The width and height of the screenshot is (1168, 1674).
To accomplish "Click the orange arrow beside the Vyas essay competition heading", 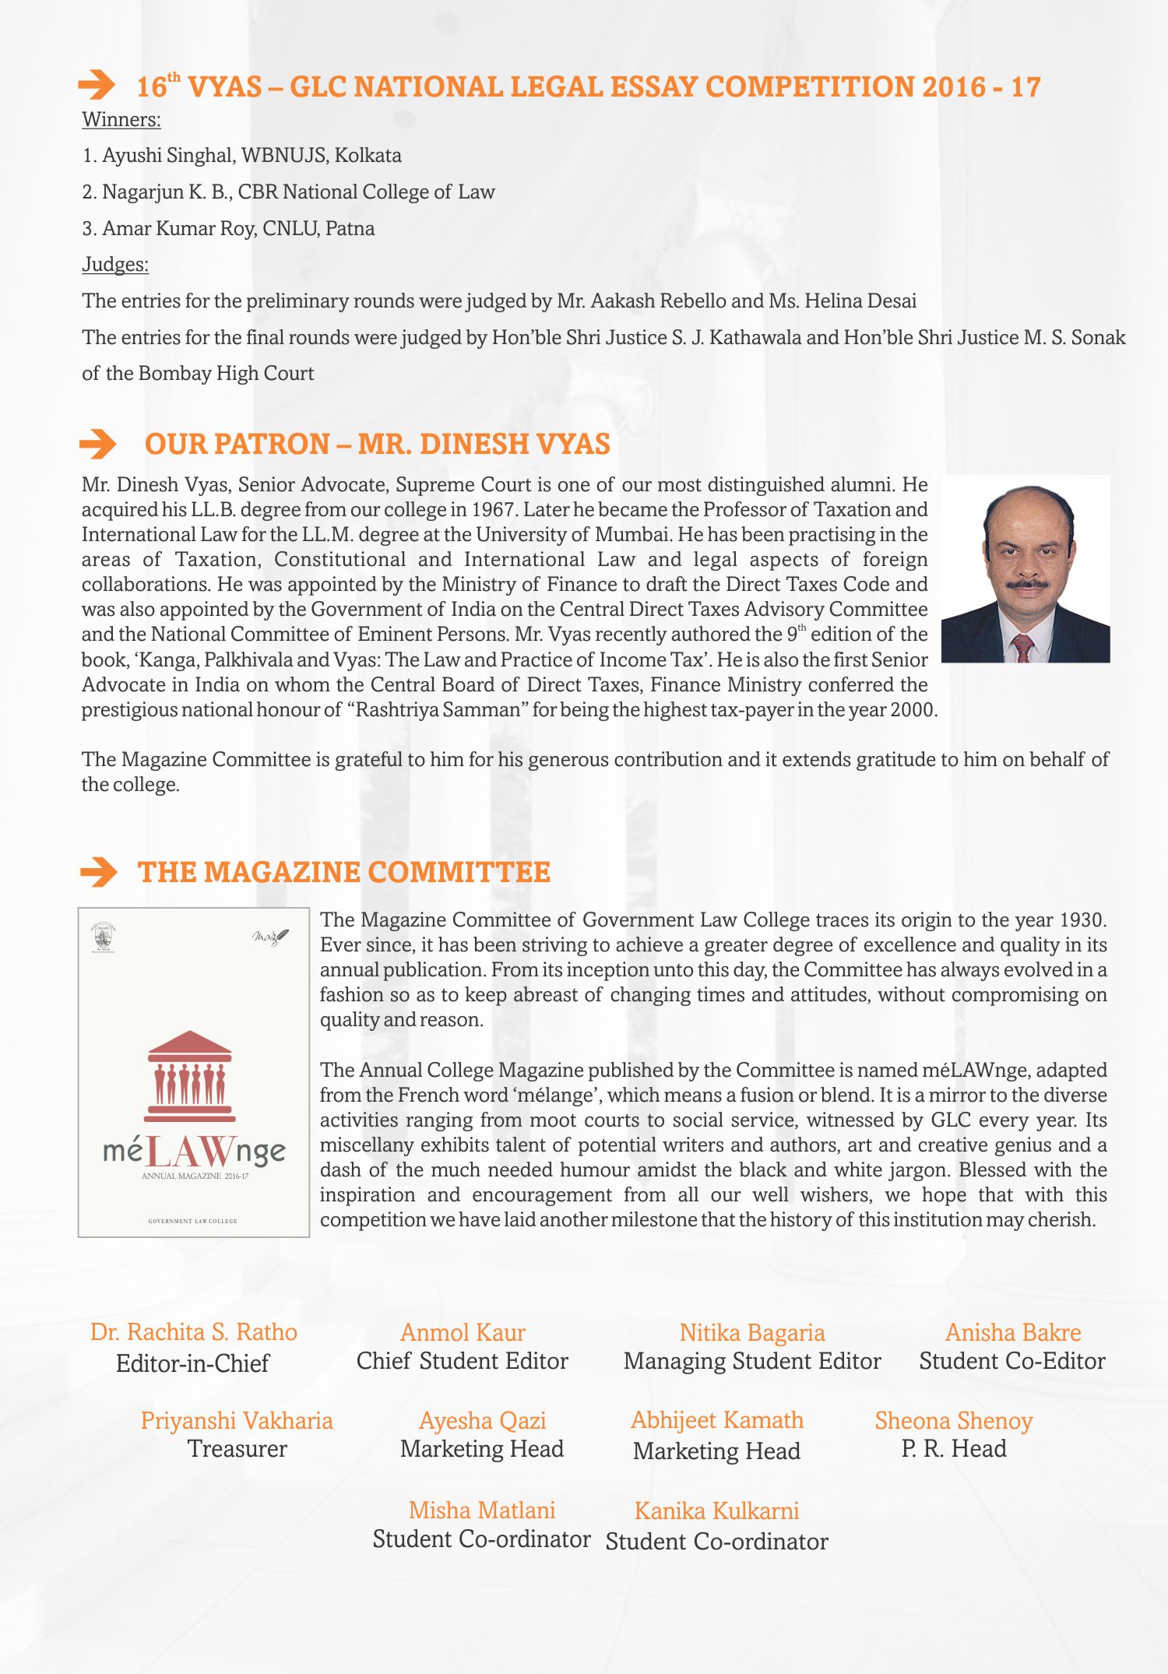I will (97, 85).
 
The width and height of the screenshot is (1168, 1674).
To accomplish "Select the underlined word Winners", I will (121, 120).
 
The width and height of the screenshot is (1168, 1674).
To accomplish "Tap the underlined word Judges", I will (115, 265).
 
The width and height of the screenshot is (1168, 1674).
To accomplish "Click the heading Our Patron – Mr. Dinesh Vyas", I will (377, 445).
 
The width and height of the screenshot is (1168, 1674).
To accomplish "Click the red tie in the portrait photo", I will (1022, 648).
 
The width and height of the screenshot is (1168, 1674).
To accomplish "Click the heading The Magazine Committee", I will (343, 872).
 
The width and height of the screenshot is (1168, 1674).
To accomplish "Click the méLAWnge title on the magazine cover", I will (194, 1151).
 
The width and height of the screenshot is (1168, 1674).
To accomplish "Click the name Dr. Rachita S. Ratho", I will (194, 1332).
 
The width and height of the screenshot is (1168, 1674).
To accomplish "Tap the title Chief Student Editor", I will (463, 1361).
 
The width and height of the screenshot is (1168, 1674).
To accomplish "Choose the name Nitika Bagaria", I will (752, 1333).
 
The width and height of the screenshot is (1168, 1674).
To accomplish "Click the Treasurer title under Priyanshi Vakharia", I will (237, 1449).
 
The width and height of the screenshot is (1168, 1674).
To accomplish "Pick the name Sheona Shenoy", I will (954, 1421).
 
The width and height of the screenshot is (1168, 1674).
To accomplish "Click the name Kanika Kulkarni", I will (717, 1511).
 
